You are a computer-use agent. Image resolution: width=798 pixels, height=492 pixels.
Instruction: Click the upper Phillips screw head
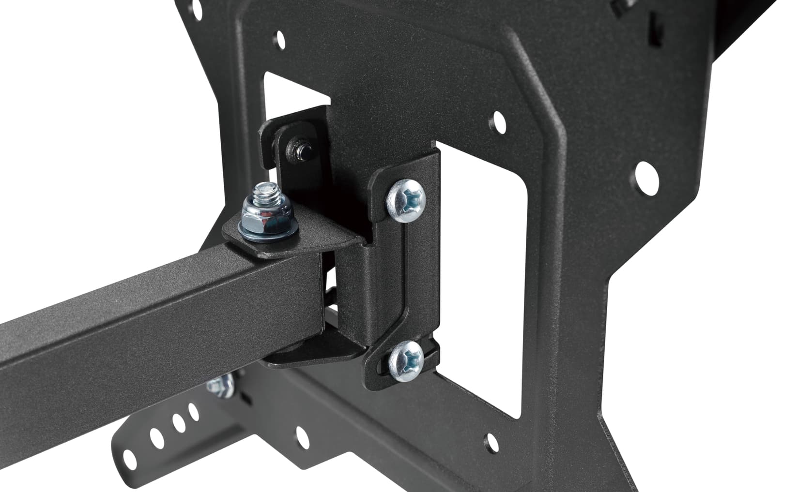(406, 200)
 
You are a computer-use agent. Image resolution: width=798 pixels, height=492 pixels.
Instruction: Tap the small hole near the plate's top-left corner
(279, 38)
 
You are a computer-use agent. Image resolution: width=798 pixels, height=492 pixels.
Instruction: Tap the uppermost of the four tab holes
(194, 412)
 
